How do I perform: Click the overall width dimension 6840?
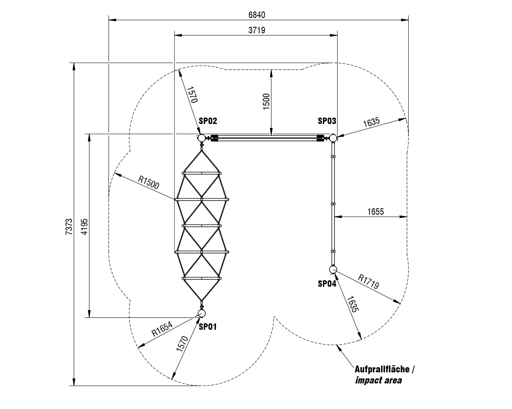257,15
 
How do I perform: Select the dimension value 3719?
257,30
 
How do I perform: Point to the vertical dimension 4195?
84,226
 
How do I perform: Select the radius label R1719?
368,282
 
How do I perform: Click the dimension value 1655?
375,211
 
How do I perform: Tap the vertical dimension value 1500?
266,101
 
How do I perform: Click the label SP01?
208,327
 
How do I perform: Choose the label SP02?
208,121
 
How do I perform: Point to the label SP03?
327,121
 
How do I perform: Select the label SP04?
327,284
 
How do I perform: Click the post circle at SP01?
201,314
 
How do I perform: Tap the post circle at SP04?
333,269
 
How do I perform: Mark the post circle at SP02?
201,138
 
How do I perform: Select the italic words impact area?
378,380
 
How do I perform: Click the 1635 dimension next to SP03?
371,122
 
